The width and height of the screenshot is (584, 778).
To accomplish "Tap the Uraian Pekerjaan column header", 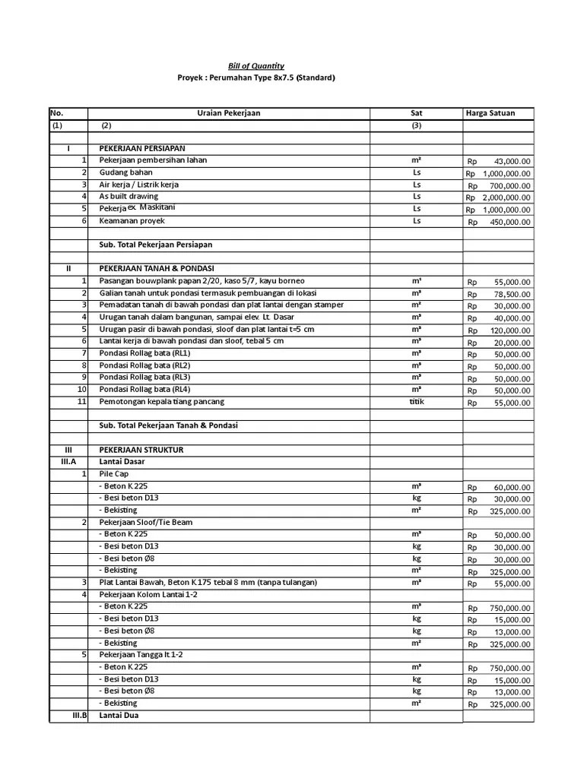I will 228,113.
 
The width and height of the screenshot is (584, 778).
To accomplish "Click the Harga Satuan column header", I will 490,113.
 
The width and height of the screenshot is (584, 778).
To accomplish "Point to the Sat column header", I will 416,113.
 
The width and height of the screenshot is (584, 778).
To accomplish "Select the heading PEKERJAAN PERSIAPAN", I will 142,148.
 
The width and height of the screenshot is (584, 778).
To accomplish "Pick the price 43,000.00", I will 512,162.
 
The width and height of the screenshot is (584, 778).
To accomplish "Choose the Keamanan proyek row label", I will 132,221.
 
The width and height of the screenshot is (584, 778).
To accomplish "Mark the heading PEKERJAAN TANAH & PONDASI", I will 157,269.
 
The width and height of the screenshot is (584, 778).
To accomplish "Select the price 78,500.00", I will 512,294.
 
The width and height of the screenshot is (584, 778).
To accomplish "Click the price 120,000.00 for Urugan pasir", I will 509,330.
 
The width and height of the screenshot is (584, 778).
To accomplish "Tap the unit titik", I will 416,401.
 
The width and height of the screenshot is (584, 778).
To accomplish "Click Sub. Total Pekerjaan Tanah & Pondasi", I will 173,425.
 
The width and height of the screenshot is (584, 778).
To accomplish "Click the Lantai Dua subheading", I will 119,716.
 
